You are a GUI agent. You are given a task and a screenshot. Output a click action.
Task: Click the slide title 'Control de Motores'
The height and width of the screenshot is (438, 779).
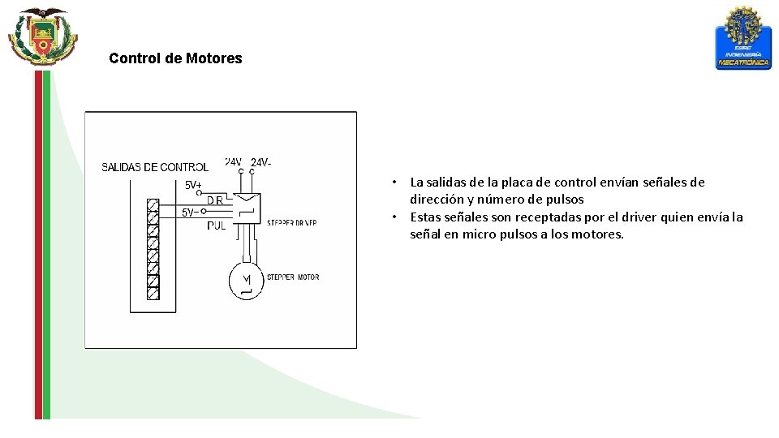point(175,58)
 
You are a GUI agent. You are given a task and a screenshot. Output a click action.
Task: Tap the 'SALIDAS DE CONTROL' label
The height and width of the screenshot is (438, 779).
point(154,168)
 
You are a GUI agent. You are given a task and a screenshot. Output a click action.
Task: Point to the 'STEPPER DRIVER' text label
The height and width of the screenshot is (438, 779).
point(291,222)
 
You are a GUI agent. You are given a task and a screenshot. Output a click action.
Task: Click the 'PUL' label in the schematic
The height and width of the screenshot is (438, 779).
point(217,226)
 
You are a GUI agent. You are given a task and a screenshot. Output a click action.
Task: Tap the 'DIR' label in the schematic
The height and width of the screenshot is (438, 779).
point(215,200)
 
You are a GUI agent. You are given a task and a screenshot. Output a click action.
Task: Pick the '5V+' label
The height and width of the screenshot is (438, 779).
point(193,185)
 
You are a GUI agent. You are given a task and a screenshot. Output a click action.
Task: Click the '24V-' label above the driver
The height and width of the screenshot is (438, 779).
point(261,162)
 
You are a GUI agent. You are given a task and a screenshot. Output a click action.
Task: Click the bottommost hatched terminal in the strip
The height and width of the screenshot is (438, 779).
point(153,294)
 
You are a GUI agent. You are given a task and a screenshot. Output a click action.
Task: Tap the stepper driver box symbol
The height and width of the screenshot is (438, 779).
point(246,208)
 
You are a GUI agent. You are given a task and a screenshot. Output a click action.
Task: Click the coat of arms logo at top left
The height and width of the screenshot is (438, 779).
point(43,36)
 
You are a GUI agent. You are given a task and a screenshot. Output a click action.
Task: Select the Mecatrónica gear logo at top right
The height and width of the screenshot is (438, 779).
point(742,38)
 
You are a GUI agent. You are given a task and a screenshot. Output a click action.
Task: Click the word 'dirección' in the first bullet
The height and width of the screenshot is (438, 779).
point(437,200)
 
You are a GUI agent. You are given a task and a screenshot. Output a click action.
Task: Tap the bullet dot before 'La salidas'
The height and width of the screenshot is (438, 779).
point(393,182)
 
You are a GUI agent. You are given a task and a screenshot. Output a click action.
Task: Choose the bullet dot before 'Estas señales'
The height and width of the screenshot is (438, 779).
point(393,217)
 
